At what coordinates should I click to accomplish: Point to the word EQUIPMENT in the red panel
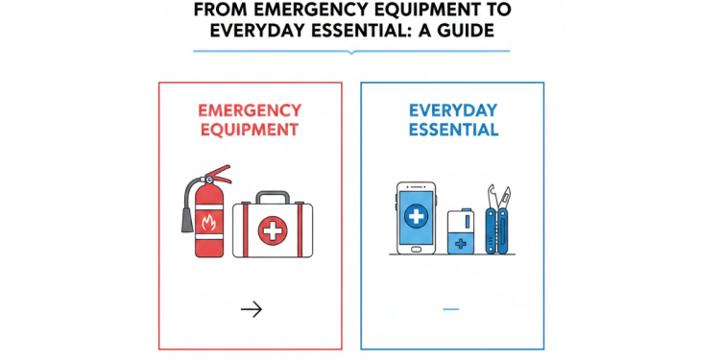[250, 129]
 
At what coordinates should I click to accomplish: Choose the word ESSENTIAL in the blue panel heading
[453, 129]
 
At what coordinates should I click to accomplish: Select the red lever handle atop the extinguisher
[220, 176]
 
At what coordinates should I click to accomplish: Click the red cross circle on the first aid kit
[274, 230]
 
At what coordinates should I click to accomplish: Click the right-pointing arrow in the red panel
[251, 308]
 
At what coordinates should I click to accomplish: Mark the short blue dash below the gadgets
[451, 308]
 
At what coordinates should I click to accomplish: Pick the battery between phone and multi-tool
[460, 231]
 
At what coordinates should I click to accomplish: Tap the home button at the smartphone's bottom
[417, 247]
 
